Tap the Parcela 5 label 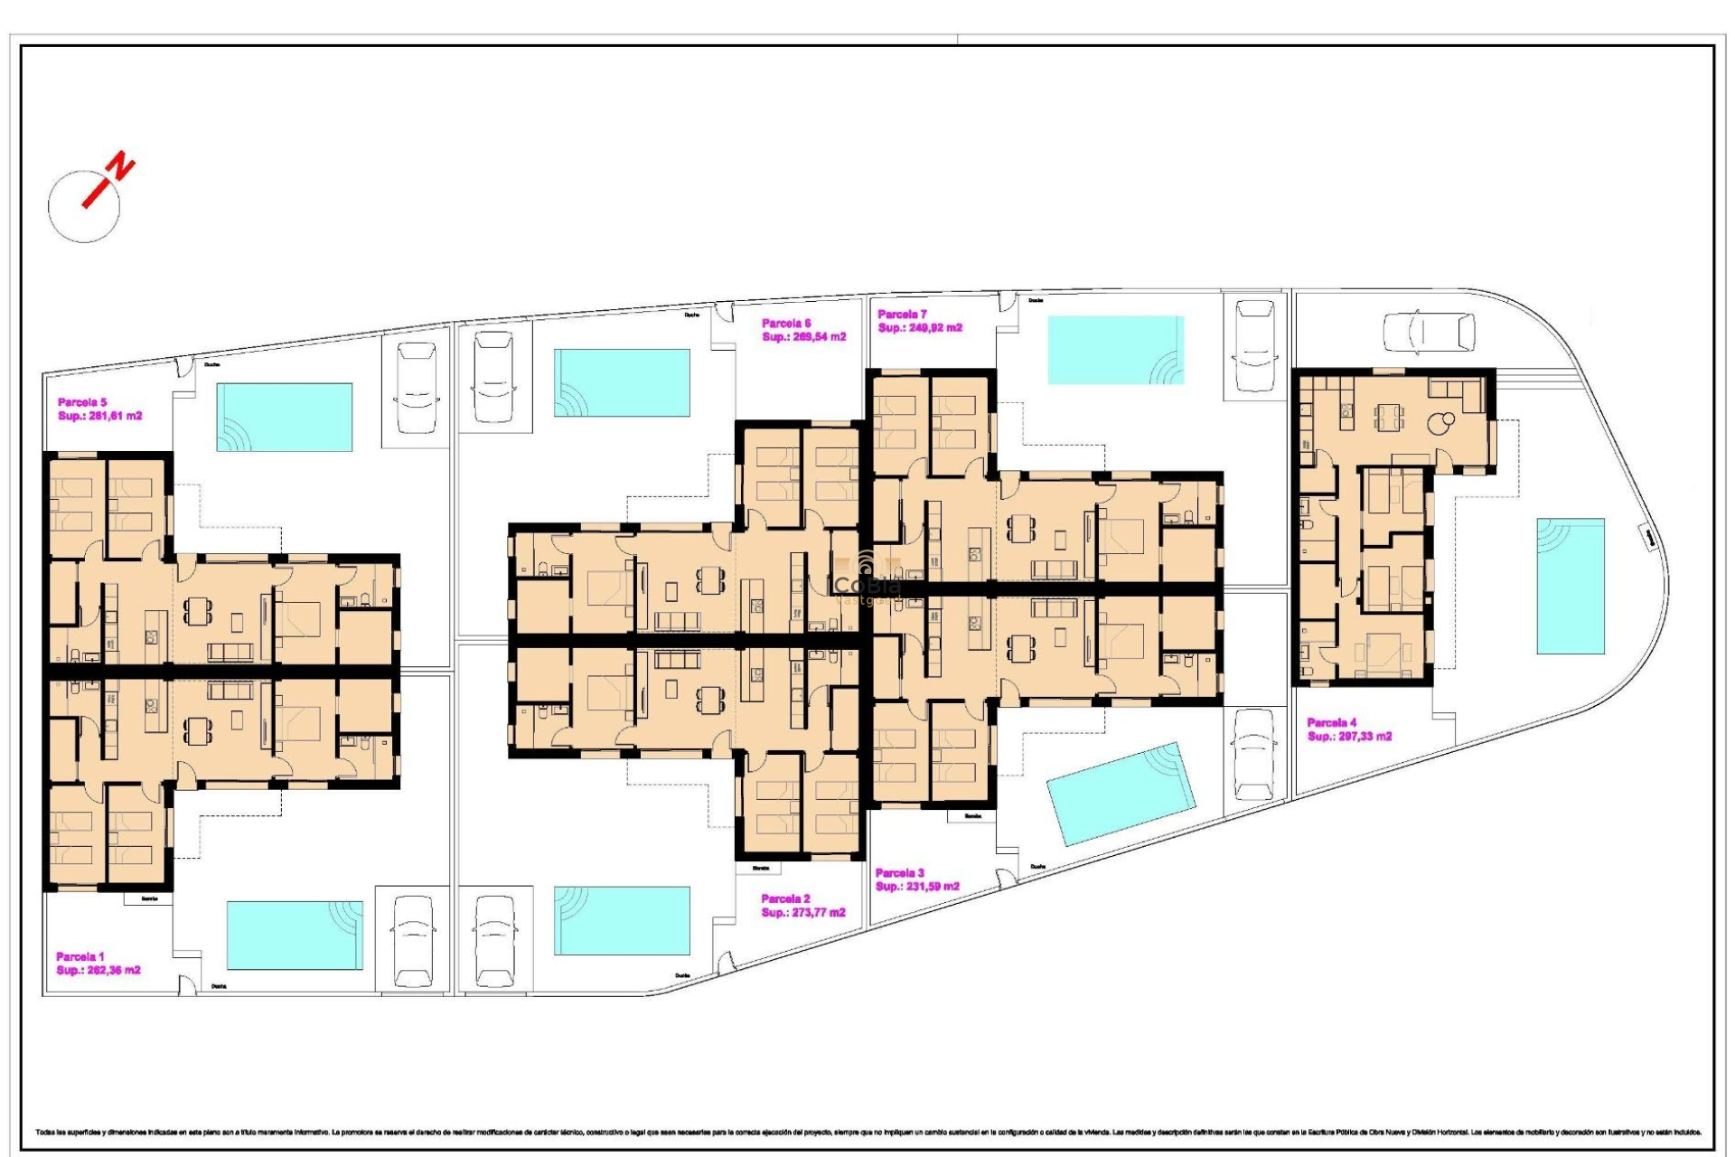coord(82,402)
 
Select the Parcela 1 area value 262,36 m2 coord(98,970)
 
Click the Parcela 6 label coord(786,323)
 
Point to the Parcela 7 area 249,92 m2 coord(920,328)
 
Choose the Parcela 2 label coord(785,898)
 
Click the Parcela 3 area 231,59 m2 coord(917,887)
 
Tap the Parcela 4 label coord(1332,722)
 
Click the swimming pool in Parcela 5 coord(284,417)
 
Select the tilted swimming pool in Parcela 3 coord(1121,794)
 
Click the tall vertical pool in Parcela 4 coord(1571,586)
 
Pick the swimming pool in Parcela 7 coord(1115,350)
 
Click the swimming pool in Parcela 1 coord(295,935)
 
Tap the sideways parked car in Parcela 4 coord(1429,332)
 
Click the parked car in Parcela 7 coord(1254,346)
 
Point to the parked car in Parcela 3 coord(1254,754)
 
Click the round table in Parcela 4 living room coord(1438,421)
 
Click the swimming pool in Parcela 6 coord(622,383)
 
